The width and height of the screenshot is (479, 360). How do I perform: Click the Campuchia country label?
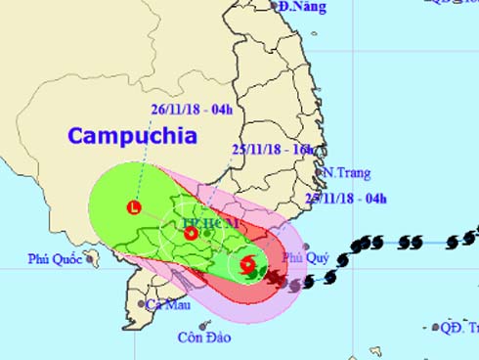pyautogui.click(x=132, y=135)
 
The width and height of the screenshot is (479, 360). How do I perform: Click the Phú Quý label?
pyautogui.click(x=304, y=259)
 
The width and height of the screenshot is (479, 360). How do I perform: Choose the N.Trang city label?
pyautogui.click(x=347, y=173)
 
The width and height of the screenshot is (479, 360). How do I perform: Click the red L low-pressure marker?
pyautogui.click(x=133, y=207)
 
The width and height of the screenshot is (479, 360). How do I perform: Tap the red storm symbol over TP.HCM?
pyautogui.click(x=191, y=233)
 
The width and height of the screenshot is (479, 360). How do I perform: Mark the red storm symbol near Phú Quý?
pyautogui.click(x=248, y=264)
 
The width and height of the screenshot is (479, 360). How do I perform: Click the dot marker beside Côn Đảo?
pyautogui.click(x=203, y=324)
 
